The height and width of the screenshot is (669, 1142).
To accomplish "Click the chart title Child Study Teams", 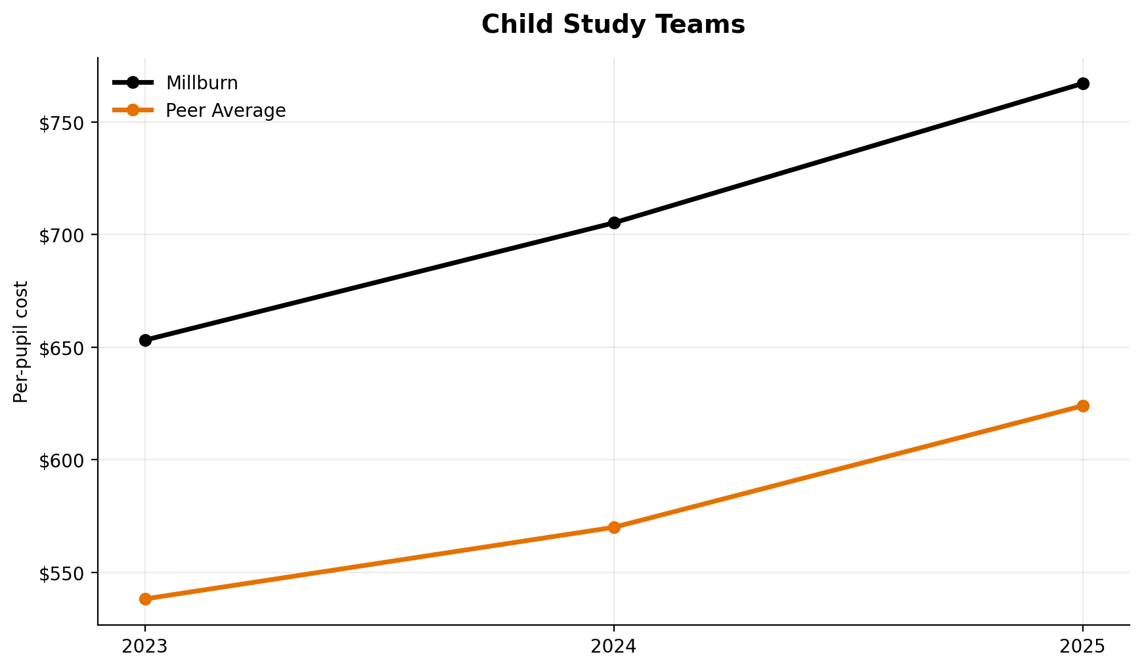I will [x=613, y=25].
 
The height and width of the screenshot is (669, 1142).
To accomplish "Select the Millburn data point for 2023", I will [x=145, y=340].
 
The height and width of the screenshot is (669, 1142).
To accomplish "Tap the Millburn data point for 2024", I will [x=614, y=223].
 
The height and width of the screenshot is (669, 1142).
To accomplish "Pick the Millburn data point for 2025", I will [x=1083, y=83].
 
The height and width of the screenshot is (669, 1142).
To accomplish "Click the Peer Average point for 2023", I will [x=145, y=599].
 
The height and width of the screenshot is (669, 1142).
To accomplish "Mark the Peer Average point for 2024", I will [x=614, y=527].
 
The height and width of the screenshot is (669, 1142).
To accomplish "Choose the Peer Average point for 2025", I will [x=1083, y=406].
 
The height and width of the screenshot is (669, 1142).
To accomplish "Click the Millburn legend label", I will [x=202, y=83].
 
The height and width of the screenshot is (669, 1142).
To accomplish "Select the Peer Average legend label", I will [x=225, y=111].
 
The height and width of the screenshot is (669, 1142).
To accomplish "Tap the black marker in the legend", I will [x=133, y=83].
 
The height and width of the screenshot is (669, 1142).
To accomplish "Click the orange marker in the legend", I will [x=133, y=110].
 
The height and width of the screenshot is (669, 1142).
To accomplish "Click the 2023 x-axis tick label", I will [x=145, y=647].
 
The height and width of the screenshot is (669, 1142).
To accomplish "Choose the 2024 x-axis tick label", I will [x=614, y=647].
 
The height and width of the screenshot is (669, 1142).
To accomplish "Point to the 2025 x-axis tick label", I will [x=1083, y=647].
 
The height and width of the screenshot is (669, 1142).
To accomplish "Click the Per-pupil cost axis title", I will [x=22, y=341].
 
